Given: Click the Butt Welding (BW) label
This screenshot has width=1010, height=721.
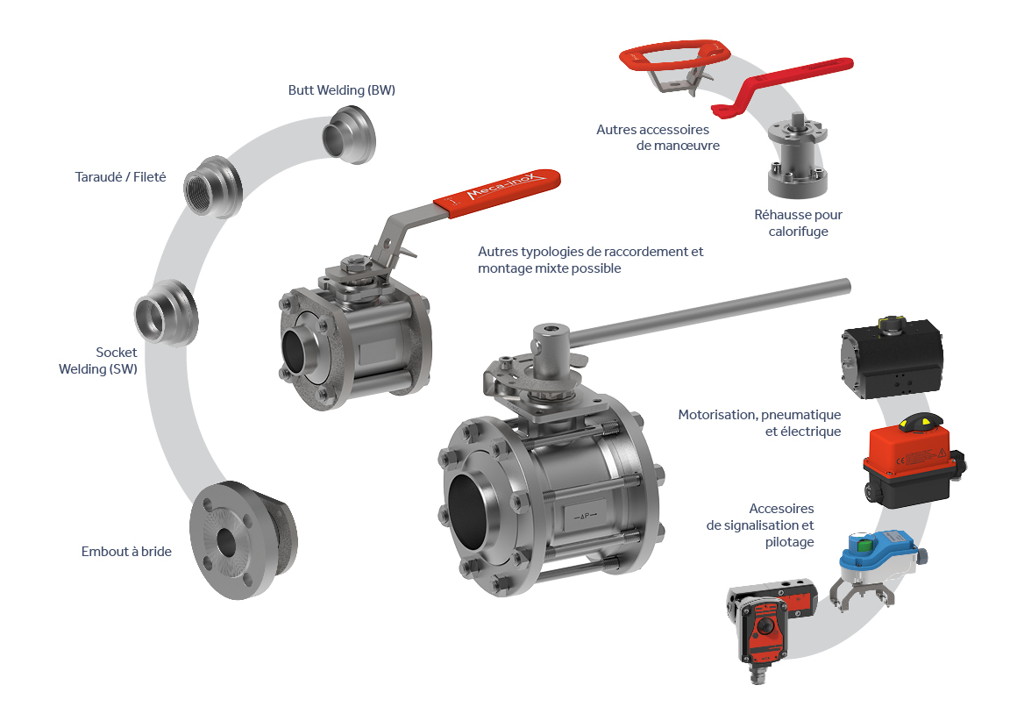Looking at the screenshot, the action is click(341, 90).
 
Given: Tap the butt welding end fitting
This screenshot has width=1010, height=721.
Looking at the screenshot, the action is click(348, 134).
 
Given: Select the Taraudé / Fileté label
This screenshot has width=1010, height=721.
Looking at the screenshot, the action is click(120, 176).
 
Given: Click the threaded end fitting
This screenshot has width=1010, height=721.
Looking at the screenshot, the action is click(212, 186).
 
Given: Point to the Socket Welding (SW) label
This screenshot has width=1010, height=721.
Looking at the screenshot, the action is click(98, 360).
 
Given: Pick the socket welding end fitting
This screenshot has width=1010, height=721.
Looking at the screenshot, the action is click(167, 313).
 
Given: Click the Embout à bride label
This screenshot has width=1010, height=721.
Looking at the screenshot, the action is click(126, 552).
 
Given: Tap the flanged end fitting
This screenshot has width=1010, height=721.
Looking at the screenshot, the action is click(243, 540).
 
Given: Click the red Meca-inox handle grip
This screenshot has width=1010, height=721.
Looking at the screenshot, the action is click(496, 191).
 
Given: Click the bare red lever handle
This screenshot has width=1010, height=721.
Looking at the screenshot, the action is click(783, 86).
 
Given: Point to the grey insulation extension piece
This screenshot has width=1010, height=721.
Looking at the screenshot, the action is click(798, 156).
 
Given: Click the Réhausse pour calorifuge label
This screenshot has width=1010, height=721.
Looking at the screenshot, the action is click(798, 223).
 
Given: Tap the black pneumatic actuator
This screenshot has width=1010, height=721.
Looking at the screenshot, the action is click(892, 357).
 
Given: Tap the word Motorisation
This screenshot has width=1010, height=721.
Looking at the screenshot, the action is click(716, 415).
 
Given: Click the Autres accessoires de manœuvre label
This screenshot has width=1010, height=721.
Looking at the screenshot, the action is click(658, 138).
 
